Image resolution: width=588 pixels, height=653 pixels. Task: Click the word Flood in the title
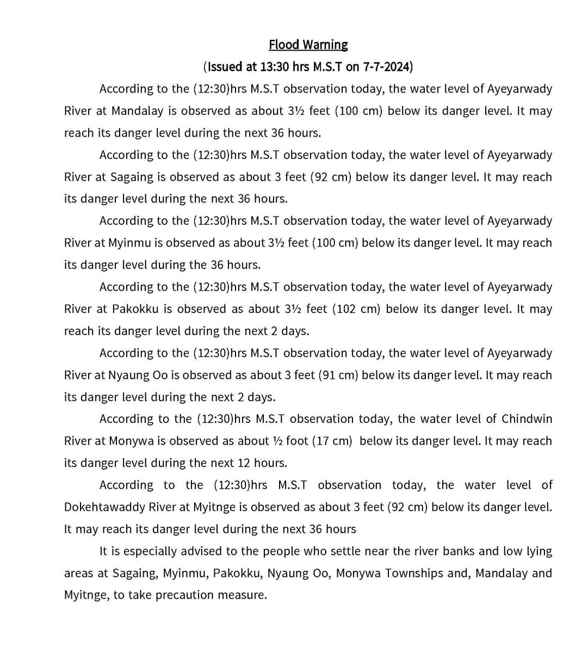click(x=283, y=45)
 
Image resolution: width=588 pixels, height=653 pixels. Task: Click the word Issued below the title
click(x=224, y=67)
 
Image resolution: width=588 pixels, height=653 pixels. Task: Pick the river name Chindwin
click(x=527, y=419)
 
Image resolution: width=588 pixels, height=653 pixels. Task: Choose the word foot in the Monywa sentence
click(x=297, y=441)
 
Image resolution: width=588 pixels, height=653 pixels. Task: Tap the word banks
click(x=461, y=551)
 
